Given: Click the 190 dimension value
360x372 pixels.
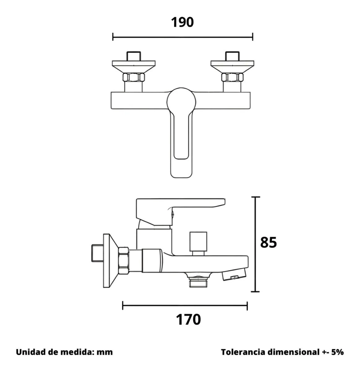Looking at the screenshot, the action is (x=182, y=23).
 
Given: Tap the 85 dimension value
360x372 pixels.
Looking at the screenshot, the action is (x=268, y=242).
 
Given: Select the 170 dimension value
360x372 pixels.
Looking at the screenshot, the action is (x=188, y=319).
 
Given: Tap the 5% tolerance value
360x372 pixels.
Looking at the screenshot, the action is (x=337, y=352).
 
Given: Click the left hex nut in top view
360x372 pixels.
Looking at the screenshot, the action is (x=134, y=77).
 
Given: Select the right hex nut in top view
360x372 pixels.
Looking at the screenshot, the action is (x=232, y=77).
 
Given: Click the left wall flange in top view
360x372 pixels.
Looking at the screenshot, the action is (x=134, y=67).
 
